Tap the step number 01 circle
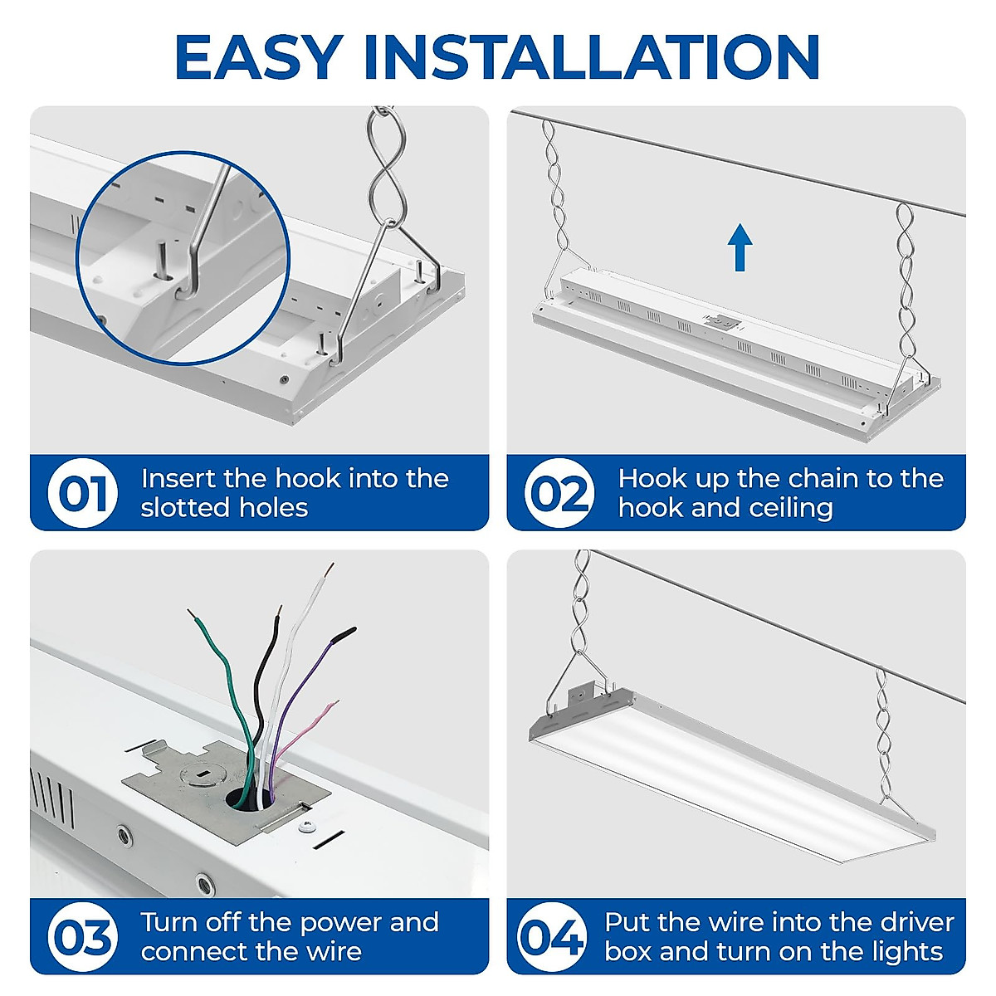[x=82, y=493]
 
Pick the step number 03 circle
[x=82, y=937]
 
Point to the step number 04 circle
[x=551, y=937]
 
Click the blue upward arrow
[x=740, y=248]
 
